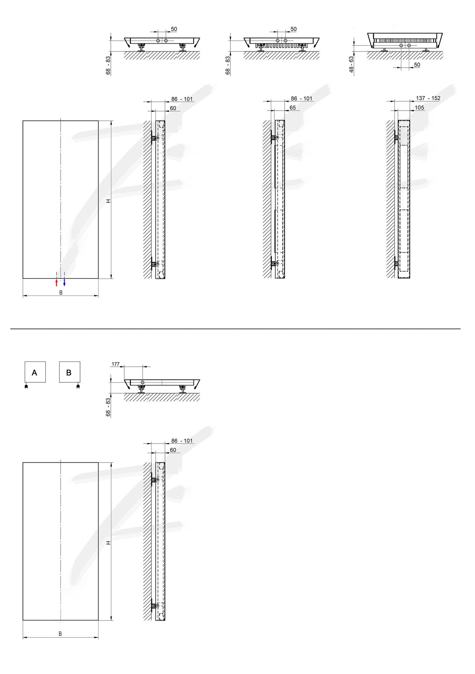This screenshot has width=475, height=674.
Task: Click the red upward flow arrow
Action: point(57,283)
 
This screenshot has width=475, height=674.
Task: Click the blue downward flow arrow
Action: point(64,283)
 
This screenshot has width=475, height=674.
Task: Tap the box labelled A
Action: point(35,372)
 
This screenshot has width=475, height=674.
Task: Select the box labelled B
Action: point(70,372)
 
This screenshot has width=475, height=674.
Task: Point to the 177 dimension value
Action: point(116,364)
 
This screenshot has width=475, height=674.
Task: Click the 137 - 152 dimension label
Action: point(428,98)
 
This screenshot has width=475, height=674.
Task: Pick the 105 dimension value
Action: point(419,108)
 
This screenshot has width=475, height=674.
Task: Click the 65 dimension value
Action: point(293,108)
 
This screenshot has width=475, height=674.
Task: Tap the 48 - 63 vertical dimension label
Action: point(351,64)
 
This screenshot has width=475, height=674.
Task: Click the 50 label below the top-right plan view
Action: point(417,65)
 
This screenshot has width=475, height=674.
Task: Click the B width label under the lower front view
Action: point(60,633)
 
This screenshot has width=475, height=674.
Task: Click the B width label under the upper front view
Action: point(61,292)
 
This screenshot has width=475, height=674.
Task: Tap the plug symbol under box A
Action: point(26,386)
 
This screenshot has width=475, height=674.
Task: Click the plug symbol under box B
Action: point(78,386)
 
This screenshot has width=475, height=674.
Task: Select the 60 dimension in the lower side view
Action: point(173,450)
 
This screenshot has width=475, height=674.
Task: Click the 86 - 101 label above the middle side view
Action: point(302,98)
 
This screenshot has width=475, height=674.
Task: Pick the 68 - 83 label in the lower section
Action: point(108,407)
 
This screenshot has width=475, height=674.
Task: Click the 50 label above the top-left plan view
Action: point(174,29)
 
